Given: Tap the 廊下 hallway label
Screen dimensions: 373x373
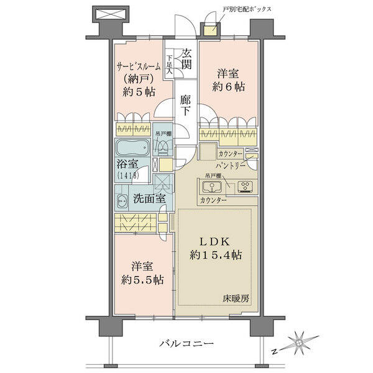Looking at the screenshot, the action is pos(185,105).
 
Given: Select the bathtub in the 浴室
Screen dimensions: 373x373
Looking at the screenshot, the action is pos(133,147).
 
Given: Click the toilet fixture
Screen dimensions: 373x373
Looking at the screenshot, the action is pos(162,146).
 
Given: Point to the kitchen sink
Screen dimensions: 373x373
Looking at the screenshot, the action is pos(212,186).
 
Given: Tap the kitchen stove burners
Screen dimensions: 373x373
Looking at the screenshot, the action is pos(246,186).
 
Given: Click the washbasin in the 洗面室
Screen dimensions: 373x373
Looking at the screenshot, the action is pos(122,200).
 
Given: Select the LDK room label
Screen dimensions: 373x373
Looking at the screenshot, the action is pos(214,242).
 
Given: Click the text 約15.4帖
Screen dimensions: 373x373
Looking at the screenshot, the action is pos(216,256).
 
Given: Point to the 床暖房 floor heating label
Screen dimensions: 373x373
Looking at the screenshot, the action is pos(236,299).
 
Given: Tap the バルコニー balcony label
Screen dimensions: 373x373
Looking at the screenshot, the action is pos(186,344).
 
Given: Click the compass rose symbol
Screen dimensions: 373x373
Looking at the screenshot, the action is pos(298,343).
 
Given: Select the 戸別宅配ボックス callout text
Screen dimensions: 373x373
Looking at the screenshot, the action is pos(247,9).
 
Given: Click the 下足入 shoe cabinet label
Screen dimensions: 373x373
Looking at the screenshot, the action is pos(169,64).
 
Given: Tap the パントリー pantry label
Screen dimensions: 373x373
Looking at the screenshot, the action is pos(230,165).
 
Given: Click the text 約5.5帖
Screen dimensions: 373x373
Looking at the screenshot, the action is pos(142,280).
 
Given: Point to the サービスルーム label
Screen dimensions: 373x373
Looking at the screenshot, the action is pos(139,67).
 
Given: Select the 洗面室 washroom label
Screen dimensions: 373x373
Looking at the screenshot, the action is pos(149,198).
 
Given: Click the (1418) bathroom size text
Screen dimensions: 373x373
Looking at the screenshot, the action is pos(127,175).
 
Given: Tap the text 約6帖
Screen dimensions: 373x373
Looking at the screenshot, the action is pos(228,87).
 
